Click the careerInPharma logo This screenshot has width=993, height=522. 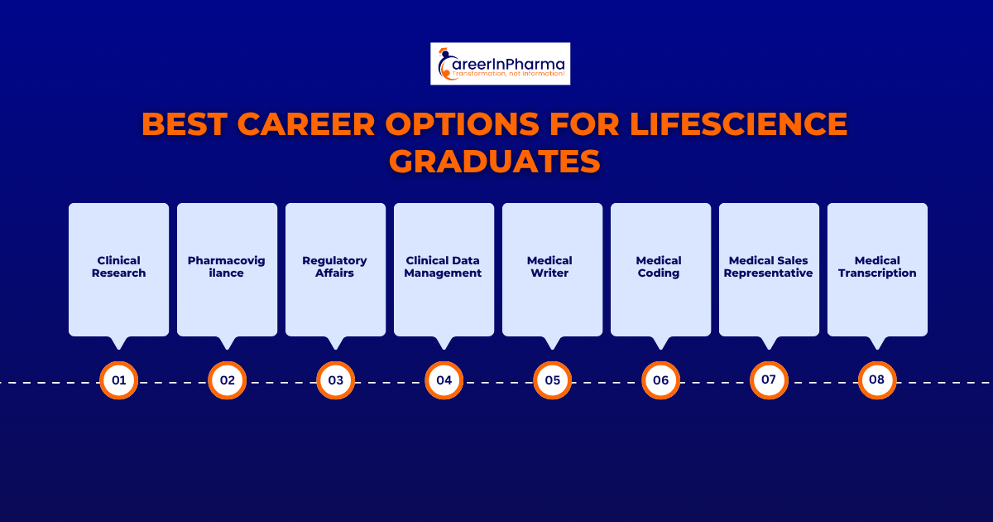pos(500,64)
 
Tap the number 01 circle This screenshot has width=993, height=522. pos(118,380)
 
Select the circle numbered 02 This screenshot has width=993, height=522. pos(227,380)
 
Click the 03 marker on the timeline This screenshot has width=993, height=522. pos(335,380)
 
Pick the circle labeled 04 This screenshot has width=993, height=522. pos(444,380)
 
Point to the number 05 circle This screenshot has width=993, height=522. pos(552,380)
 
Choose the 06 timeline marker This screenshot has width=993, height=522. pos(660,380)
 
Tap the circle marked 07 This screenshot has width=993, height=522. pos(769,380)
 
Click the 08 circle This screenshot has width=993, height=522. pos(877,380)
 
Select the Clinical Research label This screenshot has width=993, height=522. pos(118,267)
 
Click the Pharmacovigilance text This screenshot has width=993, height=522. pos(227,267)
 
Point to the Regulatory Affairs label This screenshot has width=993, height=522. pos(335,267)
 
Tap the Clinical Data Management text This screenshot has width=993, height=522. pos(444,267)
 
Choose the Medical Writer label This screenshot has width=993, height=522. pos(552,267)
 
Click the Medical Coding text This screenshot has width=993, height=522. pos(660,267)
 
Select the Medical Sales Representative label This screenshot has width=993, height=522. pos(769,267)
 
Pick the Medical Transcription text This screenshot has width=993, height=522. pos(877,267)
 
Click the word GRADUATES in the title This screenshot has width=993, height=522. pos(495,161)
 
